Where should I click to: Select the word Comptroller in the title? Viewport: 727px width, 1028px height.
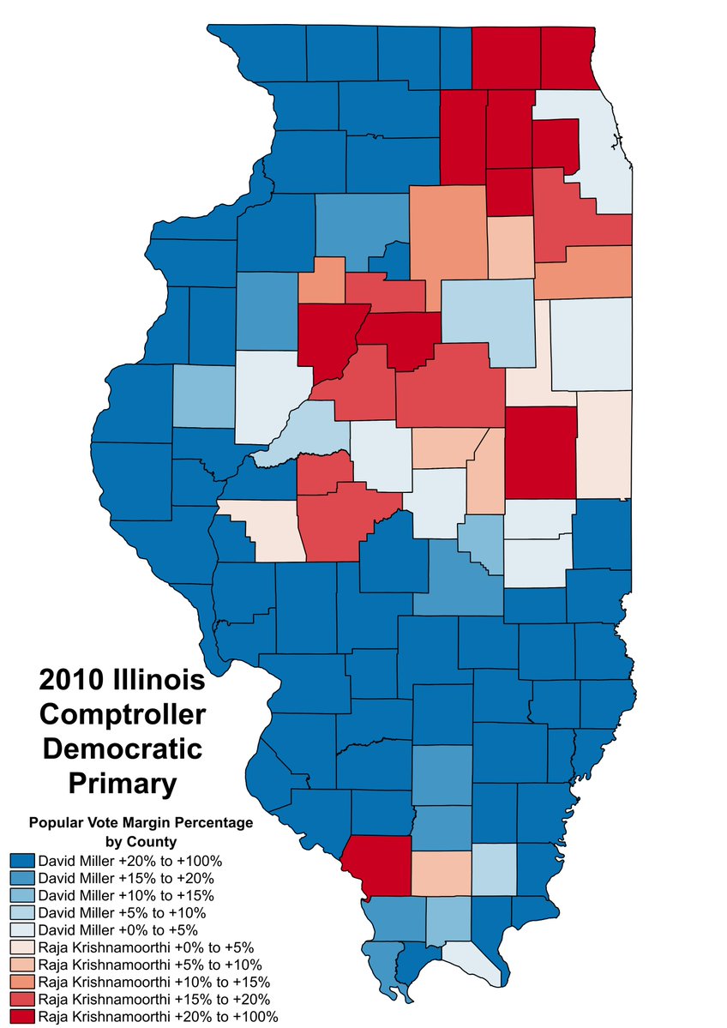pos(122,714)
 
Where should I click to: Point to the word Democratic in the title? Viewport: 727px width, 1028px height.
pos(122,748)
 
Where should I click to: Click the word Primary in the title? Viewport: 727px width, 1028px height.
pos(122,782)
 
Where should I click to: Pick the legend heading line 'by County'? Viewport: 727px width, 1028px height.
pos(141,841)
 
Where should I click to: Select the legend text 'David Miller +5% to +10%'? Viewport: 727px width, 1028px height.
pos(122,912)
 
